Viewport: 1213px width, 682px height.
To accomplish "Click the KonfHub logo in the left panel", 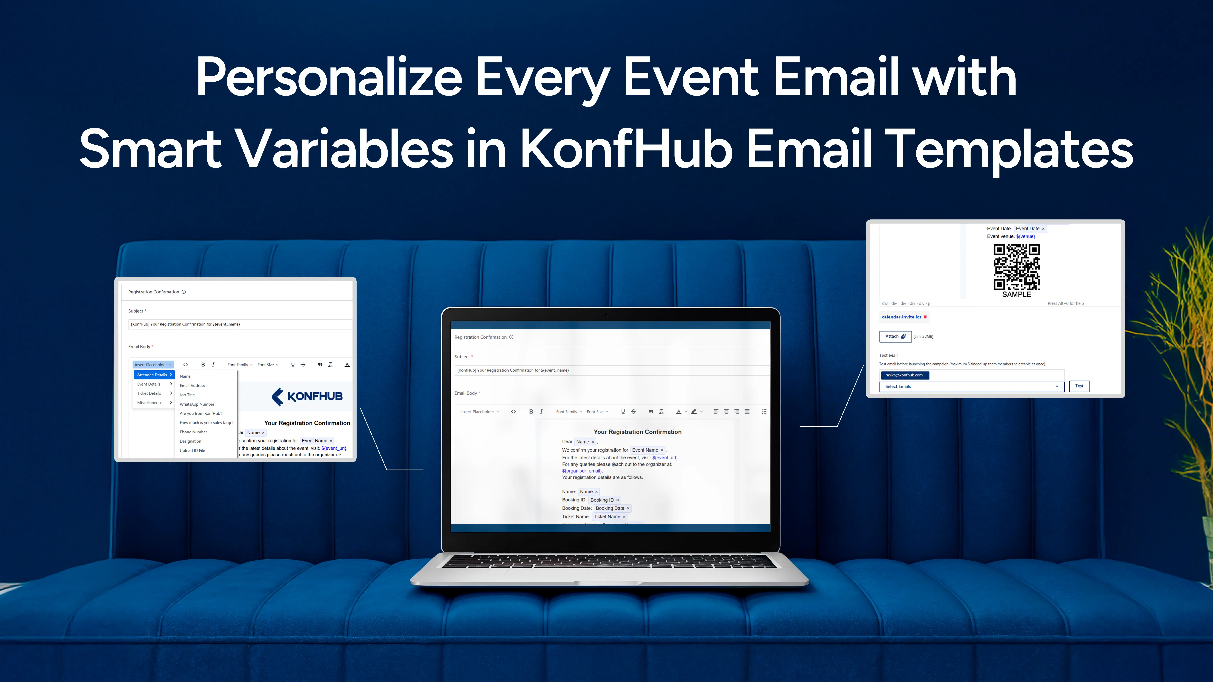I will click(307, 396).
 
